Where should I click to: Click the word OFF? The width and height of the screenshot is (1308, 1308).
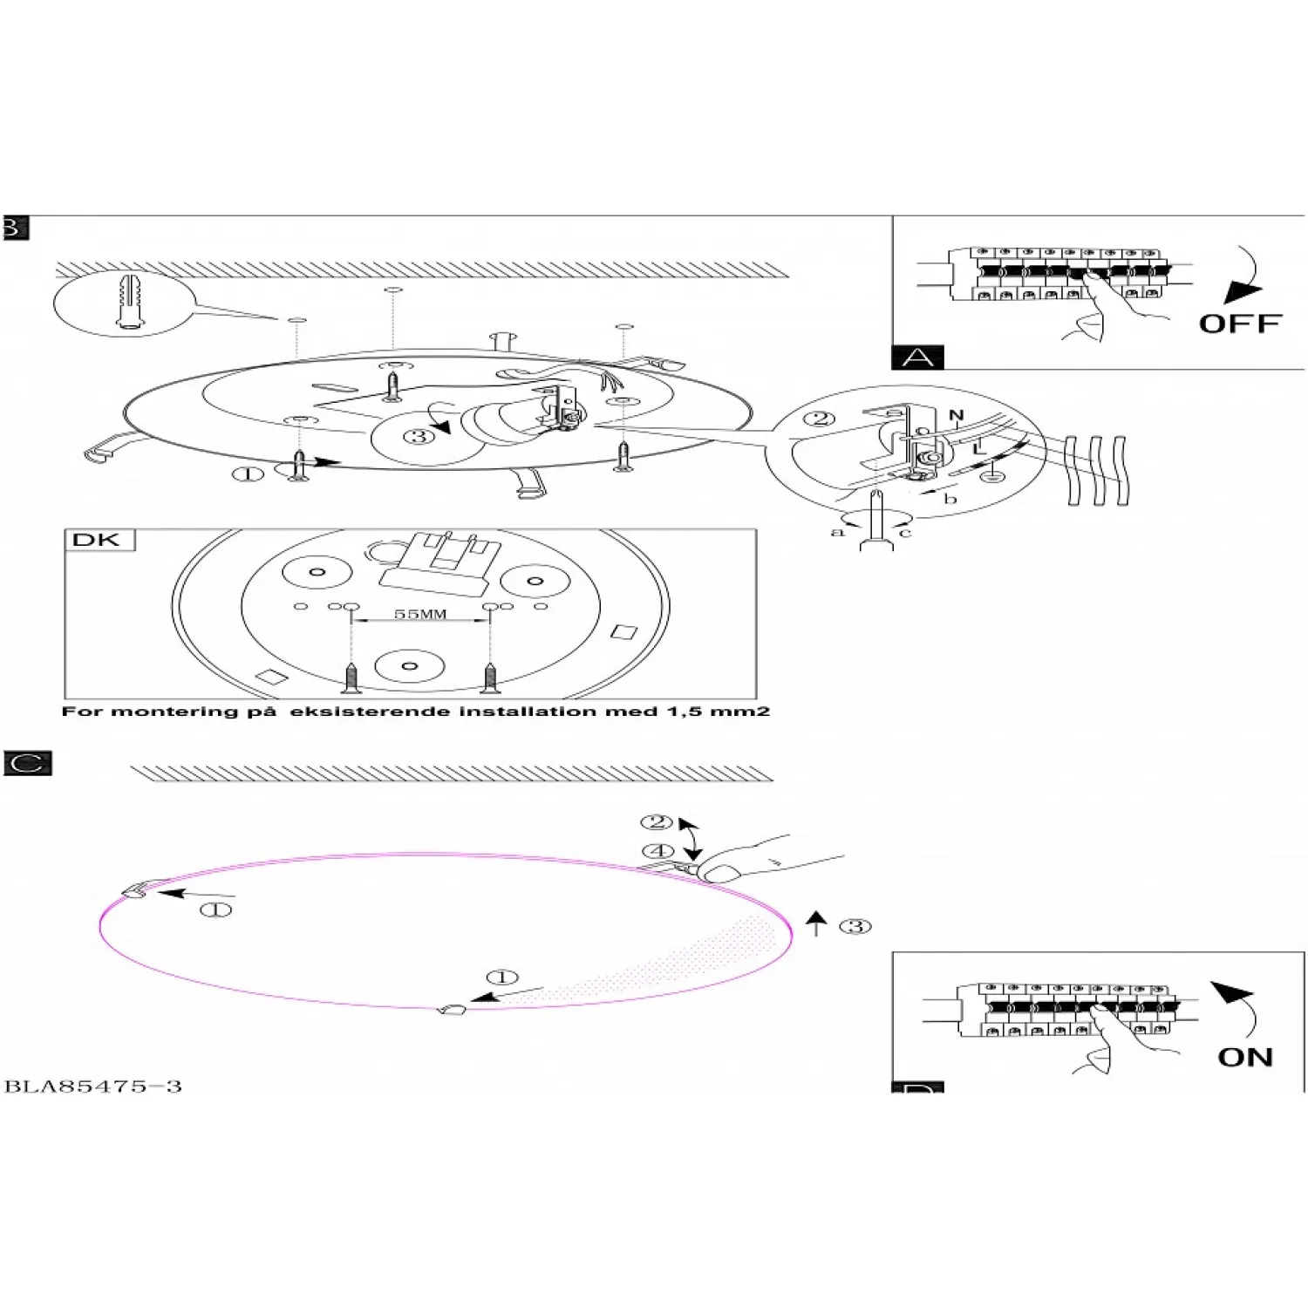[x=1239, y=324]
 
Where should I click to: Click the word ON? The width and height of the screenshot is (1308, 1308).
[x=1245, y=1057]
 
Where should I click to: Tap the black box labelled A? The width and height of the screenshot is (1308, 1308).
[x=917, y=358]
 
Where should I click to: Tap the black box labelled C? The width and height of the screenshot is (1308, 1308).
[x=28, y=763]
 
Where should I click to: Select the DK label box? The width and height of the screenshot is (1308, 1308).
[x=99, y=540]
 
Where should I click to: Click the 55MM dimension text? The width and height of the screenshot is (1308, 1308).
[x=420, y=614]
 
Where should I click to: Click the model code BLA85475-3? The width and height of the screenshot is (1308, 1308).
[x=93, y=1087]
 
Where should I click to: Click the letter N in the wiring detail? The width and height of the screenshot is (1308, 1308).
[x=956, y=416]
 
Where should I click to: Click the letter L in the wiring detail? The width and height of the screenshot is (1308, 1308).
[x=979, y=447]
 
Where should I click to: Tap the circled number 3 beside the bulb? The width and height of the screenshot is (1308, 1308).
[x=419, y=436]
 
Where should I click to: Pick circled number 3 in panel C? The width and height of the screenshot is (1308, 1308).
[x=855, y=926]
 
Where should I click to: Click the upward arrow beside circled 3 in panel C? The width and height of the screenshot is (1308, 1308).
[x=816, y=923]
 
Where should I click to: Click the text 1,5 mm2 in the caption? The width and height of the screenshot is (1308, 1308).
[x=718, y=712]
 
